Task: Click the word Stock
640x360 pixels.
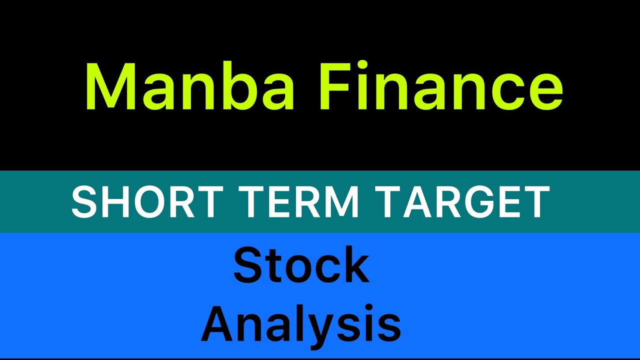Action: [x=301, y=266]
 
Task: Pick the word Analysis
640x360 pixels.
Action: [x=301, y=324]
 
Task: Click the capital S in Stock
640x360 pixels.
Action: [x=248, y=266]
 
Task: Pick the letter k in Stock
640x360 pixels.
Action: [x=354, y=266]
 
